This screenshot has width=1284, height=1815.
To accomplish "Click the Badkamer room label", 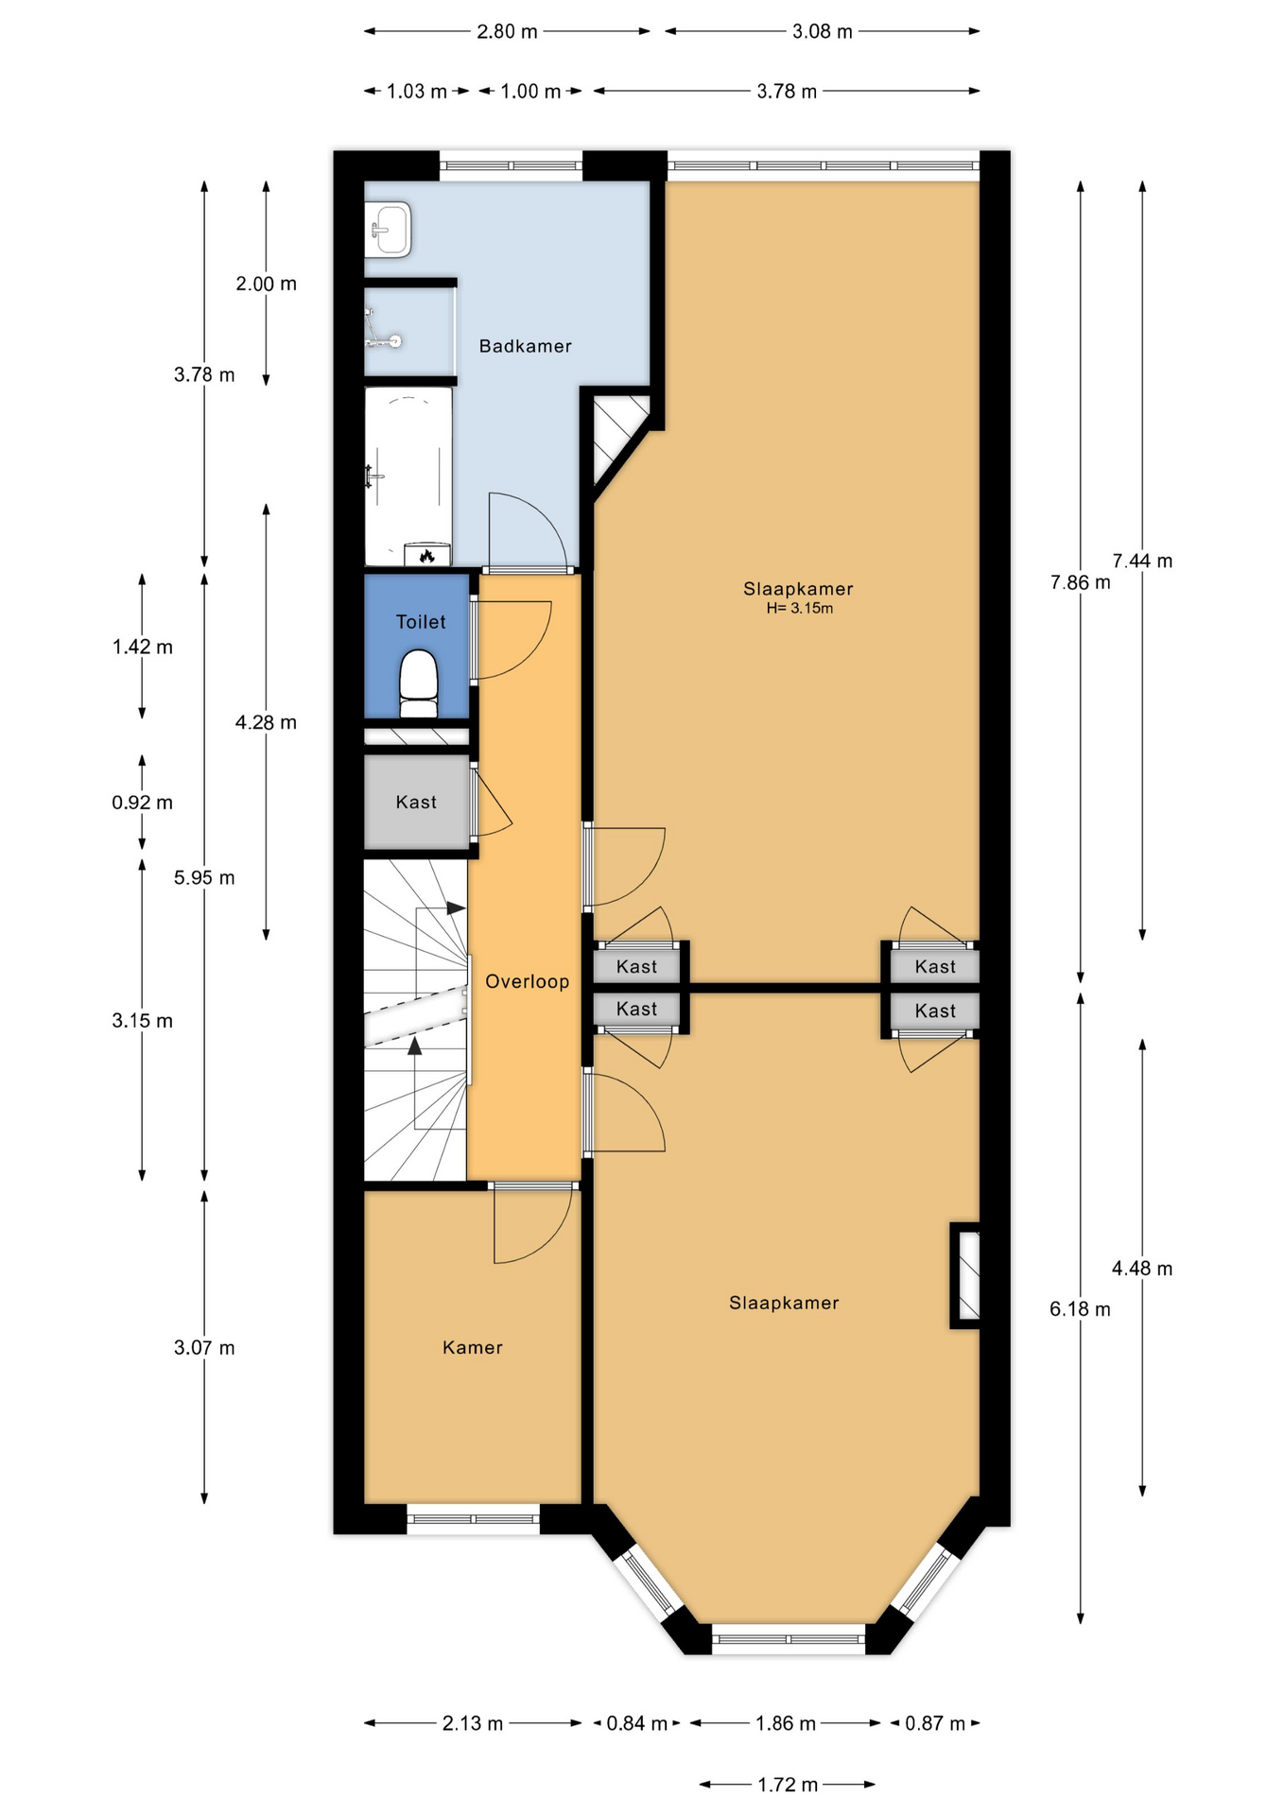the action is (x=525, y=346).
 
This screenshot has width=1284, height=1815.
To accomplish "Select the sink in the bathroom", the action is (x=389, y=229).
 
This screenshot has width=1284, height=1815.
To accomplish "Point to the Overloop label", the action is (x=527, y=981).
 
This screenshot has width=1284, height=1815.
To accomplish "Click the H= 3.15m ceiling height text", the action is (x=799, y=608).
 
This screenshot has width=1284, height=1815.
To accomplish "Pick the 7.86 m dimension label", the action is (x=1080, y=582).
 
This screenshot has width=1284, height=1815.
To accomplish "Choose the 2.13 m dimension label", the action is (x=473, y=1723).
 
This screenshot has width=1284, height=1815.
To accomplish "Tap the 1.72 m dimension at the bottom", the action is (x=788, y=1785).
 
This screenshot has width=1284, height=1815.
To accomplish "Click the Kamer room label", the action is (x=472, y=1347).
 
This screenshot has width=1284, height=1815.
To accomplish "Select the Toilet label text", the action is (x=421, y=622).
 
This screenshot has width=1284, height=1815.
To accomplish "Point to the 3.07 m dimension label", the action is (x=204, y=1347).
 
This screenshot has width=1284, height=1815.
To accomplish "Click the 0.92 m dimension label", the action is (x=143, y=803).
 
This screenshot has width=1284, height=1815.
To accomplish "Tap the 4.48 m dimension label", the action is (x=1142, y=1269).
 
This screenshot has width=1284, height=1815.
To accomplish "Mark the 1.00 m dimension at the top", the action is (x=530, y=92).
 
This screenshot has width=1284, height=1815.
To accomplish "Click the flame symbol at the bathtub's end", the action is (x=427, y=556).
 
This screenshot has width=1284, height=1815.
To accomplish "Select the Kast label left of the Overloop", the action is (x=416, y=803).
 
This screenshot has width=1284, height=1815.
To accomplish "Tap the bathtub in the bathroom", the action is (x=408, y=476).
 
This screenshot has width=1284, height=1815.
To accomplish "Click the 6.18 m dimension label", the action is (x=1080, y=1309).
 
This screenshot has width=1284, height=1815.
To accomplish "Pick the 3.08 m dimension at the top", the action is (x=823, y=31).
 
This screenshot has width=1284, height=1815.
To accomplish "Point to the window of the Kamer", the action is (x=473, y=1519).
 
